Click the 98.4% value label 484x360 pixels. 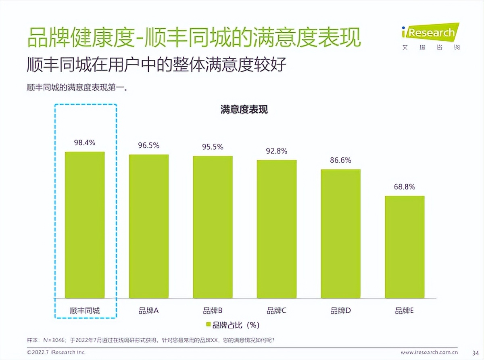85,142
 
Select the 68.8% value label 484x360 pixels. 405,187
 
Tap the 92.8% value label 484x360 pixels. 277,151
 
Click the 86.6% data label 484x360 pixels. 340,160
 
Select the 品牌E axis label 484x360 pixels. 405,310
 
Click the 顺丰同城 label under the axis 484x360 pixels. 85,310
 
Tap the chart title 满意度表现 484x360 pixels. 244,109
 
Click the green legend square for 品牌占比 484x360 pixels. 209,324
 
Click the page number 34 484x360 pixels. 475,352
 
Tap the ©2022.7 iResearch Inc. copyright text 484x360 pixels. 56,352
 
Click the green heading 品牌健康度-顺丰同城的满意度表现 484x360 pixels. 194,38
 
